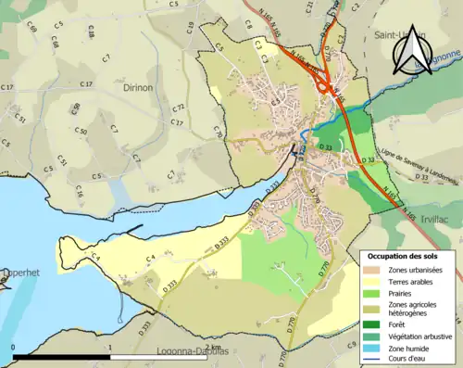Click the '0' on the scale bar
pos(14,348)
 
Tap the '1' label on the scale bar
pos(110,348)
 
